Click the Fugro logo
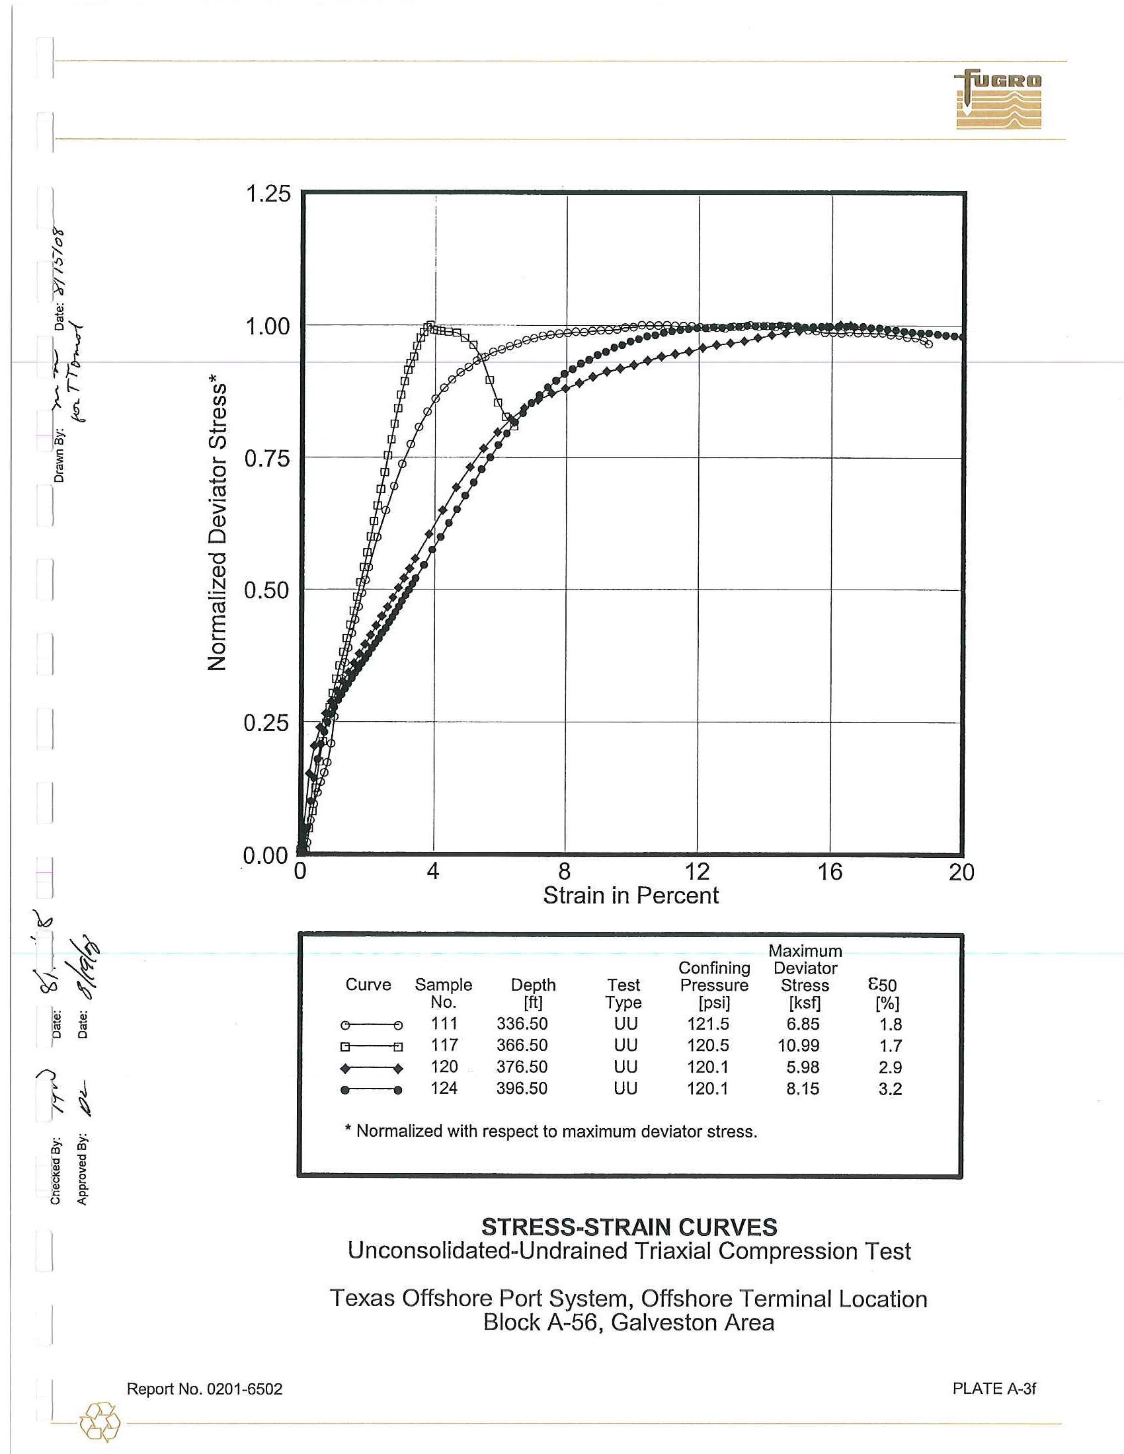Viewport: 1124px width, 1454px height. coord(998,99)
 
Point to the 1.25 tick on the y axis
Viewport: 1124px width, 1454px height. coord(268,194)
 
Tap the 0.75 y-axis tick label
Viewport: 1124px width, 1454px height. coord(267,459)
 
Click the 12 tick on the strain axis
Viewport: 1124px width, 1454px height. coord(697,872)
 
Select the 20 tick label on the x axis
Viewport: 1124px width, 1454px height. coord(961,872)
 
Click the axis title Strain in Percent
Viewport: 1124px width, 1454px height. coord(631,896)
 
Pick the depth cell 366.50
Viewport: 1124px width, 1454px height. coord(522,1046)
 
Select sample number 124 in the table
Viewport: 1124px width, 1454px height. coord(444,1089)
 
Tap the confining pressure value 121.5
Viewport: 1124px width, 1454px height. coord(708,1024)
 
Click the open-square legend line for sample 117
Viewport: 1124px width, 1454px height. coord(371,1047)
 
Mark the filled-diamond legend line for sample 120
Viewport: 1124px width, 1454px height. coord(371,1069)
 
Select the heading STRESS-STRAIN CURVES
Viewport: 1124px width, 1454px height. coord(629,1227)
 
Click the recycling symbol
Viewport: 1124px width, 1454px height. coord(100,1422)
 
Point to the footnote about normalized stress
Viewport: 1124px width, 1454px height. coord(551,1131)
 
